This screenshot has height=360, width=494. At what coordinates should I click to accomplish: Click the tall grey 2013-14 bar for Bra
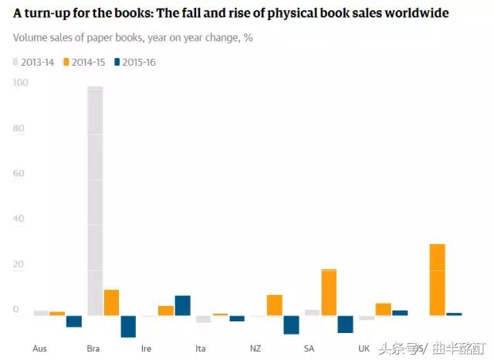click(95, 201)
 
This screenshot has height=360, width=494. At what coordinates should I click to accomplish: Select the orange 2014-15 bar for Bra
click(111, 303)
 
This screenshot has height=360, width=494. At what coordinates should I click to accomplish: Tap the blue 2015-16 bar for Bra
click(128, 326)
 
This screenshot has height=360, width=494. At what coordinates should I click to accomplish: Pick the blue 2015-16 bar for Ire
click(182, 305)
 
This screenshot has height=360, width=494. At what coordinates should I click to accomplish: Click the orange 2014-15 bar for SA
click(329, 292)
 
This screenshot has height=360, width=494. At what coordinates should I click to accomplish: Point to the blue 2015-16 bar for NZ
click(291, 324)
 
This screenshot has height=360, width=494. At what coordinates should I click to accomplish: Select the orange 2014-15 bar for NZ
click(274, 305)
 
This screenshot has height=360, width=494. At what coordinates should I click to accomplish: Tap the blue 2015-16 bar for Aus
click(73, 321)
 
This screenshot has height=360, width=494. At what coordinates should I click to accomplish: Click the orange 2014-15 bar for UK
click(383, 309)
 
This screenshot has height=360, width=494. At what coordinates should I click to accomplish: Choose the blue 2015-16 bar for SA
click(345, 324)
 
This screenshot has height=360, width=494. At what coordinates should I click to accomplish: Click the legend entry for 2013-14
click(34, 62)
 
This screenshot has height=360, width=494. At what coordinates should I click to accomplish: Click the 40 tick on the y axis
click(20, 219)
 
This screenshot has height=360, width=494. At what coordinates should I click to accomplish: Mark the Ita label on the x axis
click(201, 348)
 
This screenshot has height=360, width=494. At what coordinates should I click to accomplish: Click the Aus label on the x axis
click(39, 348)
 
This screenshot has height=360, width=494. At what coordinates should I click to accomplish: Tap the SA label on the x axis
click(310, 348)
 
